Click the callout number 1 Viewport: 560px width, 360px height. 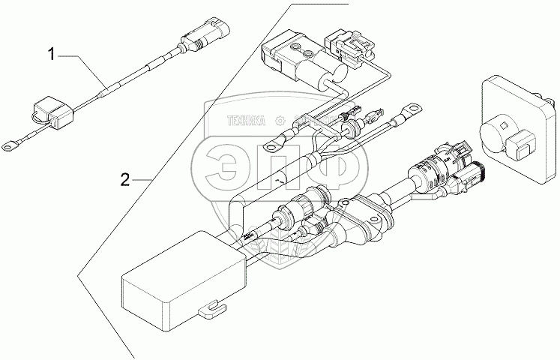52,53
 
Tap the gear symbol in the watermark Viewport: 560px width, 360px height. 280,118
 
